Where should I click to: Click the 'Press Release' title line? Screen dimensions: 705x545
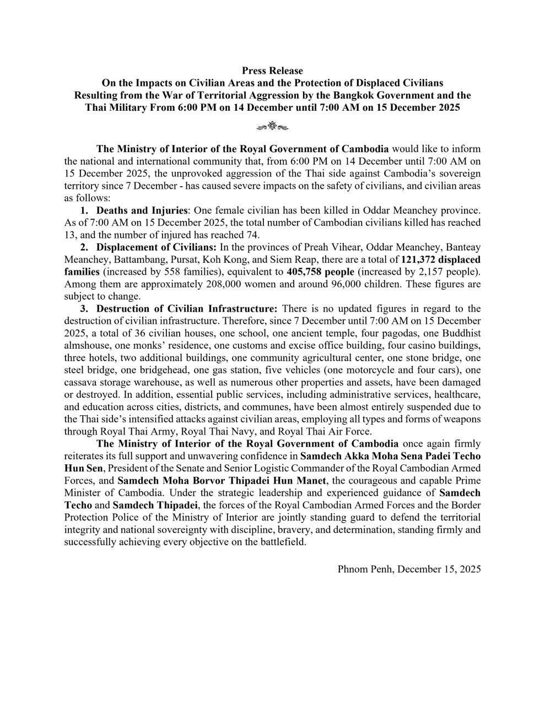click(272, 70)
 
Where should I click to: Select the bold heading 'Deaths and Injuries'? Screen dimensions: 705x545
click(142, 210)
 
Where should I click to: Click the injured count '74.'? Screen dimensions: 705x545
click(251, 235)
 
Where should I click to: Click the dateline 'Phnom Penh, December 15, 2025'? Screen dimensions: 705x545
click(409, 569)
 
